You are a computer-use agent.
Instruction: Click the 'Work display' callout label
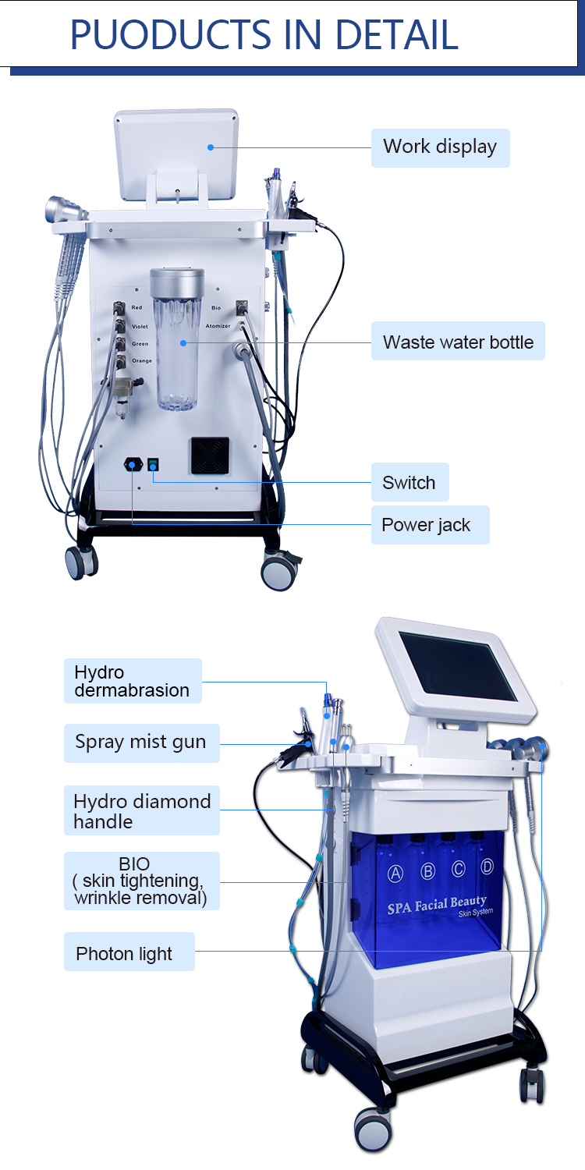[440, 147]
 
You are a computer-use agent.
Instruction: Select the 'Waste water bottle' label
[458, 342]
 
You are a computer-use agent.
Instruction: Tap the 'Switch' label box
[409, 483]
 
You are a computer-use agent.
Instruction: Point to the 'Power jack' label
[426, 525]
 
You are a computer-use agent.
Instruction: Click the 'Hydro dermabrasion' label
[132, 681]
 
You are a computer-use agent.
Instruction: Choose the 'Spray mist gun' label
[140, 742]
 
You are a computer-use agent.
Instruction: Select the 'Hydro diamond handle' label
[141, 811]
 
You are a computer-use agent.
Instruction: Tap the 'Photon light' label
[124, 953]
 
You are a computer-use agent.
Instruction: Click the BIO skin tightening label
[140, 881]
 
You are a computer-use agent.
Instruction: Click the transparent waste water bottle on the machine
[177, 343]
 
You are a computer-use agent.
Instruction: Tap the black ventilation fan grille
[211, 455]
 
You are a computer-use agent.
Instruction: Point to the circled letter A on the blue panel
[395, 873]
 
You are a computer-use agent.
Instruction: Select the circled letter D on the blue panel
[487, 865]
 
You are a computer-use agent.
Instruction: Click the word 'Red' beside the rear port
[136, 308]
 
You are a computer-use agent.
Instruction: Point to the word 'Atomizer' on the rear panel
[218, 326]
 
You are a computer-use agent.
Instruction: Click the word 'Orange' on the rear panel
[142, 360]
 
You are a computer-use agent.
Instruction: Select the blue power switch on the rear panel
[154, 465]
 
